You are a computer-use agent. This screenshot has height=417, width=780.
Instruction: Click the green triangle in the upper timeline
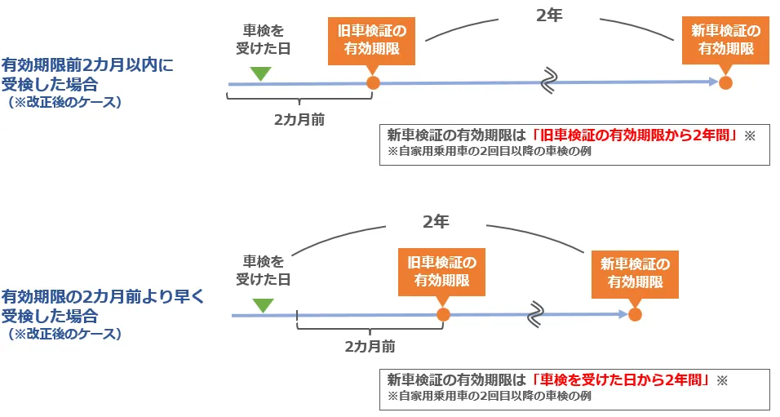point(260,73)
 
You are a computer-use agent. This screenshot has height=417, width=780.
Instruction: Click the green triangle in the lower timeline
point(263,305)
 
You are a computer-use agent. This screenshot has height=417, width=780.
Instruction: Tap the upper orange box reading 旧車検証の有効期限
point(372,40)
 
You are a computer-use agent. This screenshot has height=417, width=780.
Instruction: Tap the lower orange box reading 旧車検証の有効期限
point(441,272)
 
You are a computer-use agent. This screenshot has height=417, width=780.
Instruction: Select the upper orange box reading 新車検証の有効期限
point(725,40)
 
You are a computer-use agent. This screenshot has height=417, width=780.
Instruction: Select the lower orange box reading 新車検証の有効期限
point(635,273)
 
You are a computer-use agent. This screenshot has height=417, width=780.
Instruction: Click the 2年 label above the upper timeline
point(550,16)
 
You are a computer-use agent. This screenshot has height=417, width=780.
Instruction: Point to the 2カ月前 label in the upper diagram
point(299,118)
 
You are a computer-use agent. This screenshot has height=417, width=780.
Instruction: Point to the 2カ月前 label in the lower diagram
point(370,346)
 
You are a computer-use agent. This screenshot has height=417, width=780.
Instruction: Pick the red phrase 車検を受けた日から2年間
point(620,379)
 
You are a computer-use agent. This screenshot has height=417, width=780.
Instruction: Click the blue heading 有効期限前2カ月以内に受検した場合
point(87,74)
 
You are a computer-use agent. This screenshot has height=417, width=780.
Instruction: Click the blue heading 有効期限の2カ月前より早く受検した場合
point(102,306)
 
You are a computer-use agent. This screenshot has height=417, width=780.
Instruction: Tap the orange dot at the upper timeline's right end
point(725,82)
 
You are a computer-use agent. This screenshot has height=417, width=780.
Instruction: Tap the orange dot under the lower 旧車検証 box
point(443,313)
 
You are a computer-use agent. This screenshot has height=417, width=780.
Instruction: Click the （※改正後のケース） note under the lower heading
point(64,335)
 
